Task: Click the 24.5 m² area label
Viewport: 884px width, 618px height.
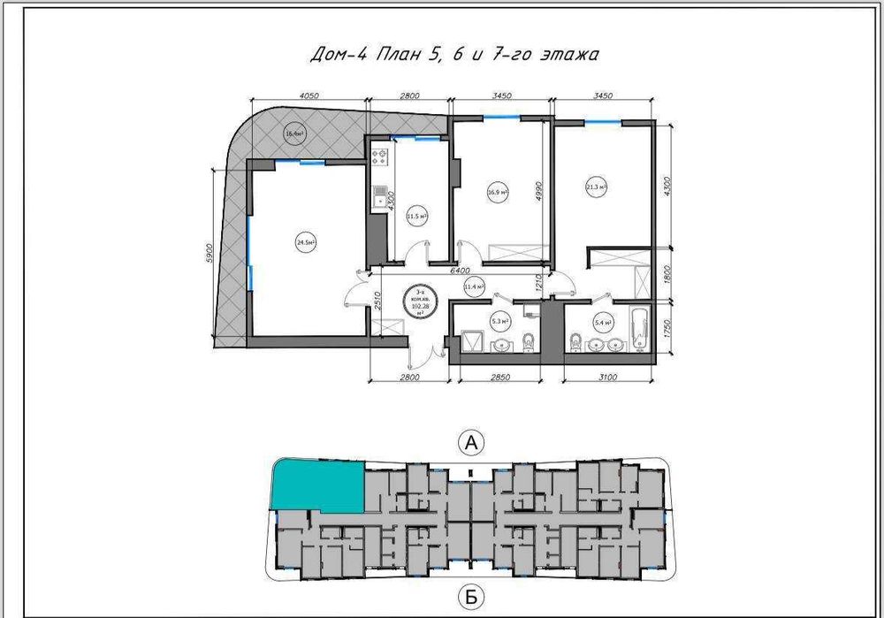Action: (x=307, y=241)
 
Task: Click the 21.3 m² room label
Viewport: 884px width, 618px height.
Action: (x=597, y=187)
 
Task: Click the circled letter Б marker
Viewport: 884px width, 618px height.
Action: (x=472, y=598)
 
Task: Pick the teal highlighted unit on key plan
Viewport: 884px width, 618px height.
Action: (x=316, y=487)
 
